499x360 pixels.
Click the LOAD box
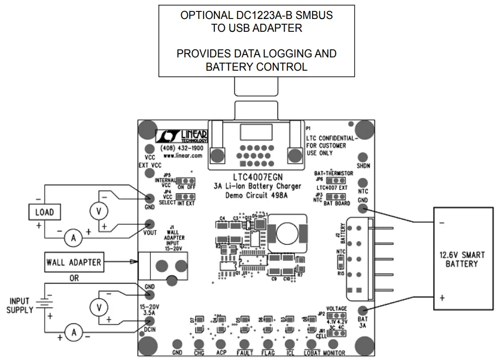coord(45,212)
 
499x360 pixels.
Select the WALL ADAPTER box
coord(74,262)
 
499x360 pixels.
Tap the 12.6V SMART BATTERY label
coord(465,259)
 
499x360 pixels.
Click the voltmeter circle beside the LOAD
coord(99,212)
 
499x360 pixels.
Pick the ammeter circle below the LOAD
coord(74,239)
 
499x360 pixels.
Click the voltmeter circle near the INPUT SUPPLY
coord(99,308)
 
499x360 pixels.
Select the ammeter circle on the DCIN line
coord(74,333)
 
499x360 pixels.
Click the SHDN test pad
coord(363,157)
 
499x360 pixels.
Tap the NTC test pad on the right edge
coord(363,183)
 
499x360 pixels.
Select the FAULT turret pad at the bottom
coord(245,344)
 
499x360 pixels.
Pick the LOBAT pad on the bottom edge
coord(311,344)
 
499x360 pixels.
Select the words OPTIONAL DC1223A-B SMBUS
coord(256,15)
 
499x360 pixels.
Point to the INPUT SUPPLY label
coord(19,305)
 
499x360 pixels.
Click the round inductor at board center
coord(286,233)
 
